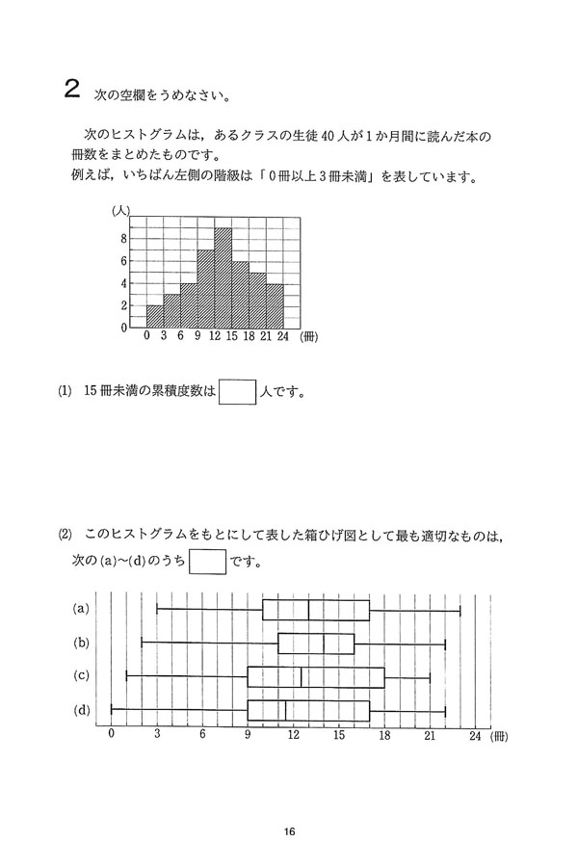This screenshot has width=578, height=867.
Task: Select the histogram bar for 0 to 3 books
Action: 154,317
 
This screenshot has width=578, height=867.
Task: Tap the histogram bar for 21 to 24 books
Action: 275,306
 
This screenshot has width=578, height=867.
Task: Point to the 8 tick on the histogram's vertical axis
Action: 123,239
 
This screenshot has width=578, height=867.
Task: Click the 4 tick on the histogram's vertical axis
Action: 123,283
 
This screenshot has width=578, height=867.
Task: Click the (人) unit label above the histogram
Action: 121,209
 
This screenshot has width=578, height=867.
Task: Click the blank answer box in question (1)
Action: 238,392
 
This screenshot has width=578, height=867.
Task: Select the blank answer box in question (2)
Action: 207,560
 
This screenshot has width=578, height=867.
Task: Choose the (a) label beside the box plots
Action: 83,609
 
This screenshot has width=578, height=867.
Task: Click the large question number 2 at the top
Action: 70,92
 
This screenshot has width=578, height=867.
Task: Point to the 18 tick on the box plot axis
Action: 384,735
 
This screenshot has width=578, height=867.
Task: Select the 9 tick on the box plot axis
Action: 248,735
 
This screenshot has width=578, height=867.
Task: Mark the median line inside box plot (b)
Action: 324,643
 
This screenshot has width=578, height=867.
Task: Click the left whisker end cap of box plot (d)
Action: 112,710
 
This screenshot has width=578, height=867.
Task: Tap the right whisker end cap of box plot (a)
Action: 460,609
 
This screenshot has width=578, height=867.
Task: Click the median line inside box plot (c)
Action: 302,676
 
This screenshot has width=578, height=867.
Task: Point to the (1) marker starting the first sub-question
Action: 65,392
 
